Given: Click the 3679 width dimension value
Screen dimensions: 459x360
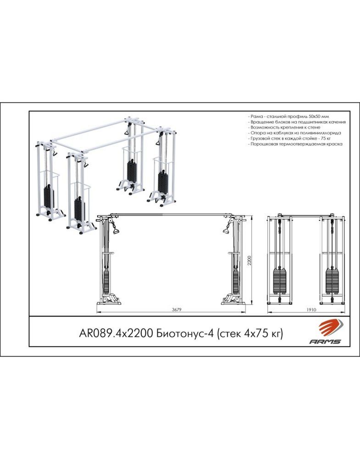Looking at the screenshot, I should [x=175, y=310].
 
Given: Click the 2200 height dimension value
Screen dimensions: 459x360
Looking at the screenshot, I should [x=250, y=261].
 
